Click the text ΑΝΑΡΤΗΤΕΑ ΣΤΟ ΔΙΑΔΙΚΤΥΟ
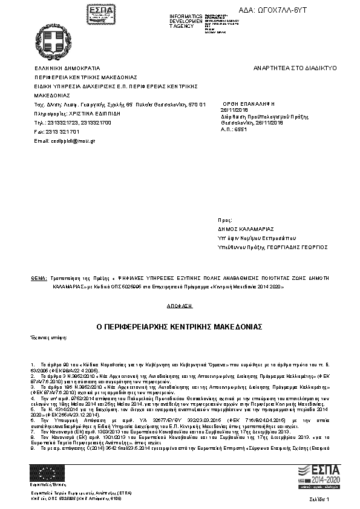click(295, 68)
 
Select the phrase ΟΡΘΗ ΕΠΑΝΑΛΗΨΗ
click(249, 104)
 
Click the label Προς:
click(224, 221)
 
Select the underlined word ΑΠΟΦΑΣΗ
click(179, 306)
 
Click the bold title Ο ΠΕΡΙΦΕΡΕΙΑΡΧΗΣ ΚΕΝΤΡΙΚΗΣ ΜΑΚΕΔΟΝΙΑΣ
click(179, 326)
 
